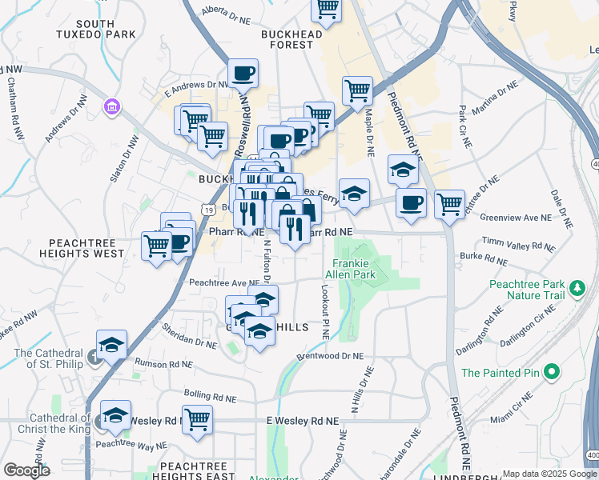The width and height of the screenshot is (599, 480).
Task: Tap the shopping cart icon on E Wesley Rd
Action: [x=197, y=419]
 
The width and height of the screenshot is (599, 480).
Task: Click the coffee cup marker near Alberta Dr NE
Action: [x=243, y=74]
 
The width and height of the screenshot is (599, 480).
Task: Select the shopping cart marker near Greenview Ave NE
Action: [x=450, y=203]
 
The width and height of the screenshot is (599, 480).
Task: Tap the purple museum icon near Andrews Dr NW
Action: [x=111, y=106]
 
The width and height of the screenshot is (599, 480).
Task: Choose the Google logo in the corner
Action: [x=26, y=470]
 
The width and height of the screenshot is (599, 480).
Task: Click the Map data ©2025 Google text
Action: [x=549, y=474]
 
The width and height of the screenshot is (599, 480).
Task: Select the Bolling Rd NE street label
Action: [x=210, y=397]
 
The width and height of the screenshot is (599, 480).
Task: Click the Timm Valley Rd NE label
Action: [x=518, y=241]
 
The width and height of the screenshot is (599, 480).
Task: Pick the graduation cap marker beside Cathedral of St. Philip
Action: [x=111, y=345]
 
